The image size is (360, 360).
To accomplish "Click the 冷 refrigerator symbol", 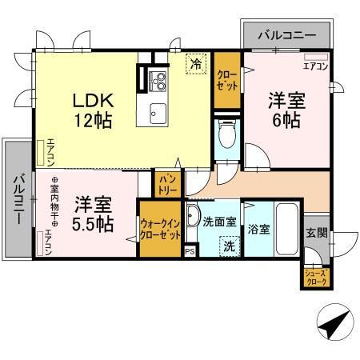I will [x=195, y=62].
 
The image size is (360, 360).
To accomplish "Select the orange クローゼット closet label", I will [x=226, y=80].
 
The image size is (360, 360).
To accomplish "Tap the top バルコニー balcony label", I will [x=285, y=34].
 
